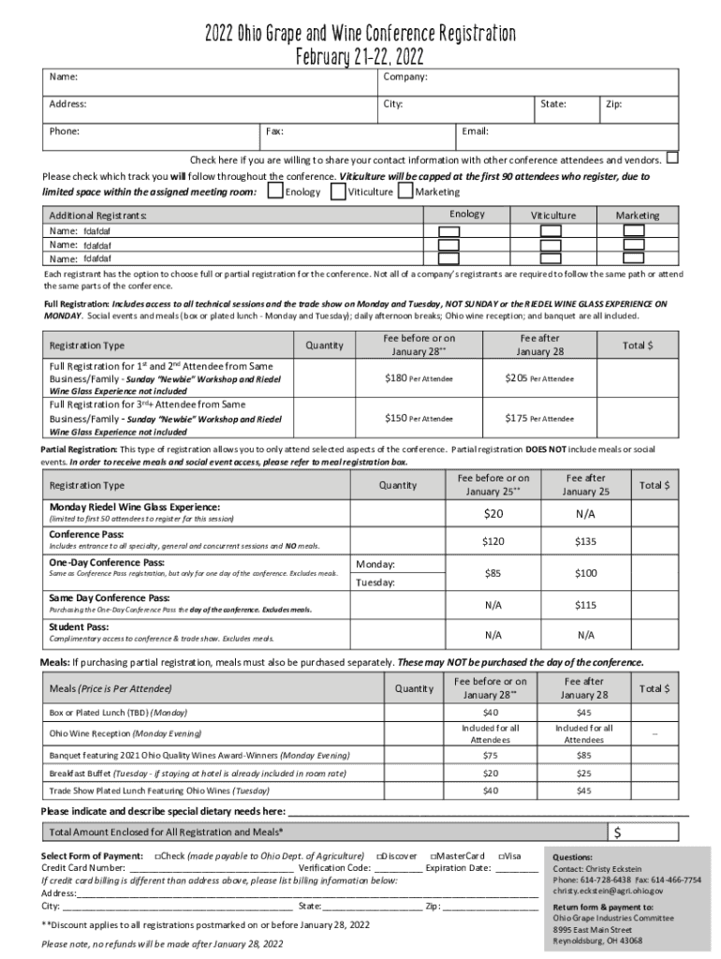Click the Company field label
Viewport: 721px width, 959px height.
tap(405, 76)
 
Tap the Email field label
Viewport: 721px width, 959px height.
tap(475, 132)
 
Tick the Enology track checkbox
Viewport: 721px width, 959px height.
tap(275, 191)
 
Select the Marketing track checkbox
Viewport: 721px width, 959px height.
tap(405, 191)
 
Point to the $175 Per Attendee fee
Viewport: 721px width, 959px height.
tap(539, 418)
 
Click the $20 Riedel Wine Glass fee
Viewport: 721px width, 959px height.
tap(493, 513)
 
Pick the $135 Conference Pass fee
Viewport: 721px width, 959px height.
tap(586, 541)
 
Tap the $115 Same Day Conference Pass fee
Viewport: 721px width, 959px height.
tap(586, 605)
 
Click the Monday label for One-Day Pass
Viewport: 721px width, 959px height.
tap(376, 564)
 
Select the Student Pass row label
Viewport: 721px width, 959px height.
tap(79, 627)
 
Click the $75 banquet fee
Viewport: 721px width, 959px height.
tap(491, 755)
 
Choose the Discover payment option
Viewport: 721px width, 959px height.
tap(397, 856)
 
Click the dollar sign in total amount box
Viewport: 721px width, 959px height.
tap(618, 833)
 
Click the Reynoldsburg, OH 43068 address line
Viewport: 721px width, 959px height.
tap(597, 940)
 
